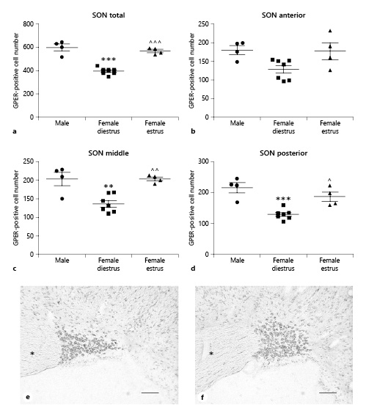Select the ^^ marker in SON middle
[x=155, y=170]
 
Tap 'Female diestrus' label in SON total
[x=109, y=126]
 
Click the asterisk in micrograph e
[x=32, y=354]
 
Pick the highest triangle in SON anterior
[x=330, y=31]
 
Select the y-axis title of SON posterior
[x=192, y=208]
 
